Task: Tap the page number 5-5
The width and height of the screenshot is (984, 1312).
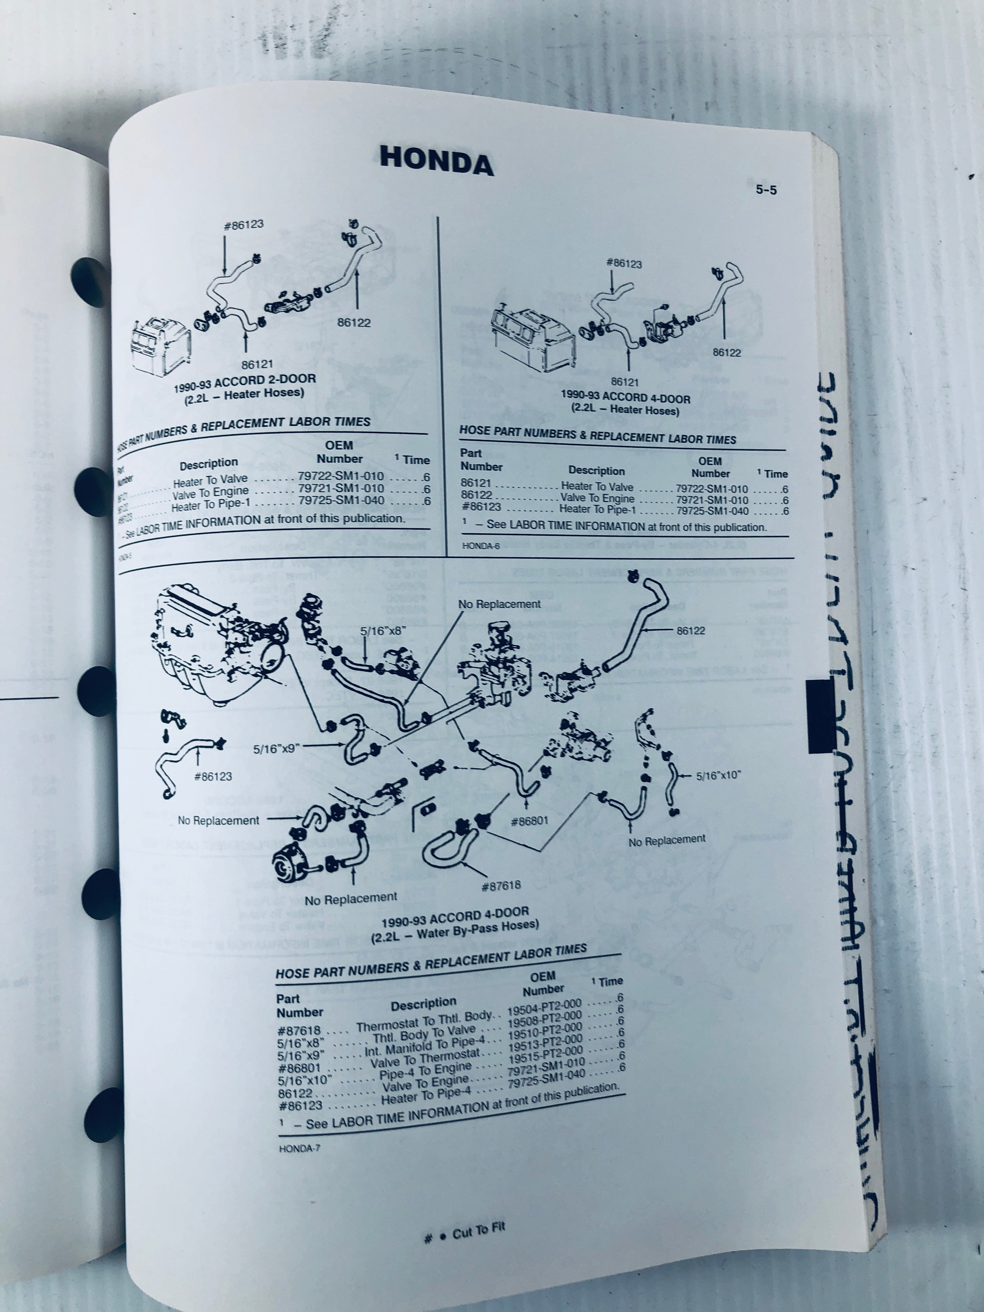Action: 766,190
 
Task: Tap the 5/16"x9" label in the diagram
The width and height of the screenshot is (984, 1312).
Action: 275,749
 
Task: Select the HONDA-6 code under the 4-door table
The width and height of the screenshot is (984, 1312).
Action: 480,546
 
